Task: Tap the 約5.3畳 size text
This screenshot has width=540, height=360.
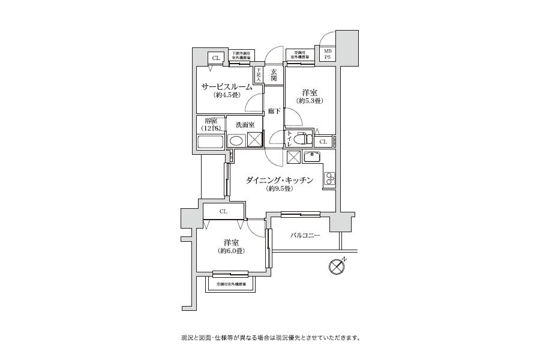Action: click(309, 101)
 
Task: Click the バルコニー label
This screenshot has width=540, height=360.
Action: click(305, 236)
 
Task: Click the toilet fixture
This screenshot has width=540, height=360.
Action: click(304, 139)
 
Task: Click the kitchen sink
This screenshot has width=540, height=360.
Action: click(313, 158)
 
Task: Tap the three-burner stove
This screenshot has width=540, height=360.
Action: click(330, 178)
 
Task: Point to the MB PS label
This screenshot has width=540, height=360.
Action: click(328, 55)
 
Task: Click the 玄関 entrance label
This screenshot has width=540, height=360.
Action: click(273, 74)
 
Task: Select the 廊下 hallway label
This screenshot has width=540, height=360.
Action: click(274, 111)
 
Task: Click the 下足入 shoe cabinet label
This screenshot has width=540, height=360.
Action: click(259, 74)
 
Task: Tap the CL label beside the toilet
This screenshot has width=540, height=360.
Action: click(323, 142)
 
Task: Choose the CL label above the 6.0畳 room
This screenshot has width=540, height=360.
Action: click(223, 211)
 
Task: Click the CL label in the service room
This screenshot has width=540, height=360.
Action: click(214, 58)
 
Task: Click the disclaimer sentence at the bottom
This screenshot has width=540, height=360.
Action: click(270, 337)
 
